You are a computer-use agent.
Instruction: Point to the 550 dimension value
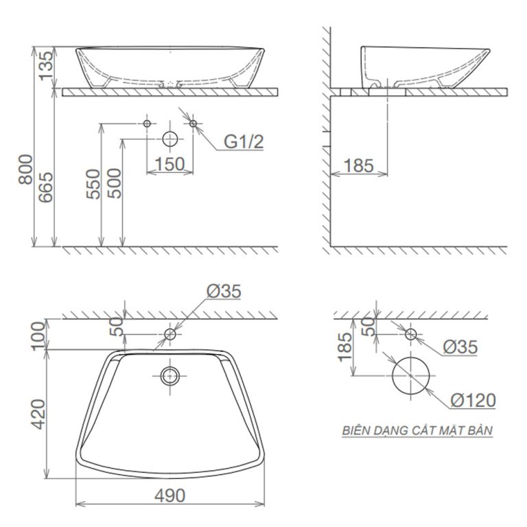(x=94, y=184)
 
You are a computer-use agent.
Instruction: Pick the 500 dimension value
(x=115, y=184)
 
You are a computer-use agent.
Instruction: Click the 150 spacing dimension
(x=170, y=164)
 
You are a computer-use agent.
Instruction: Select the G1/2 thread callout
(x=244, y=142)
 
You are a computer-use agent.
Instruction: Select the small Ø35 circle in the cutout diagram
(x=410, y=334)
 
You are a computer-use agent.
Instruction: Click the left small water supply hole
(x=146, y=124)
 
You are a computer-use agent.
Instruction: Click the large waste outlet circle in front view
(x=169, y=139)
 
